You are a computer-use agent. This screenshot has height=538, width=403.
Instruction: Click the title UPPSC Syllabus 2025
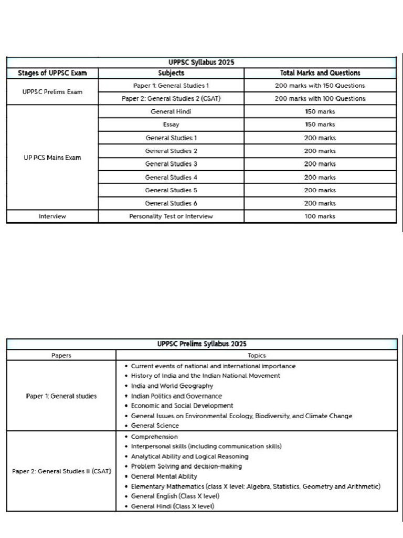(x=201, y=62)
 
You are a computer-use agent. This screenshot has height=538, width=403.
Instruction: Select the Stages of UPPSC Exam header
(x=52, y=73)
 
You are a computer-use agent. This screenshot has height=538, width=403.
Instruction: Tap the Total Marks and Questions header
(x=320, y=73)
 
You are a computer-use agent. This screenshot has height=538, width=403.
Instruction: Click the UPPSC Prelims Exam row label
(x=52, y=92)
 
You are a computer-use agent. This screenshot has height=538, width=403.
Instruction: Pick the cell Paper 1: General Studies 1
(x=171, y=85)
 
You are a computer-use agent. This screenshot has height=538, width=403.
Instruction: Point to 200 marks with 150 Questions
(x=320, y=85)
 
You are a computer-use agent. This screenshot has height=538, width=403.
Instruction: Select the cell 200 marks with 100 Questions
(x=320, y=98)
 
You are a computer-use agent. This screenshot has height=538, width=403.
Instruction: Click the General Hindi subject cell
(x=171, y=111)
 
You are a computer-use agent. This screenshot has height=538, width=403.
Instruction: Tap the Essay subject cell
(x=171, y=125)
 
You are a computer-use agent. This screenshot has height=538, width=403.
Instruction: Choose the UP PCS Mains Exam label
(x=52, y=158)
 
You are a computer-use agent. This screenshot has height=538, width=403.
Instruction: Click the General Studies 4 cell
(x=171, y=177)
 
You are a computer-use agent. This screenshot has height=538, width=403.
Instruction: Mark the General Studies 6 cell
(x=171, y=203)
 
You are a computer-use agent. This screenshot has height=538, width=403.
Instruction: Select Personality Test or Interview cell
(x=171, y=216)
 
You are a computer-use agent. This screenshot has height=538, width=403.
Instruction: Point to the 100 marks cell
(x=320, y=216)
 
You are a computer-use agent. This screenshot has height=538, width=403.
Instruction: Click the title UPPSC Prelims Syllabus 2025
(x=201, y=344)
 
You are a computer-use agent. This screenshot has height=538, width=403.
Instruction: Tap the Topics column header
(x=257, y=355)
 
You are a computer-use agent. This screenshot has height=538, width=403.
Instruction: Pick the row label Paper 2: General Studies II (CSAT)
(x=61, y=471)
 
